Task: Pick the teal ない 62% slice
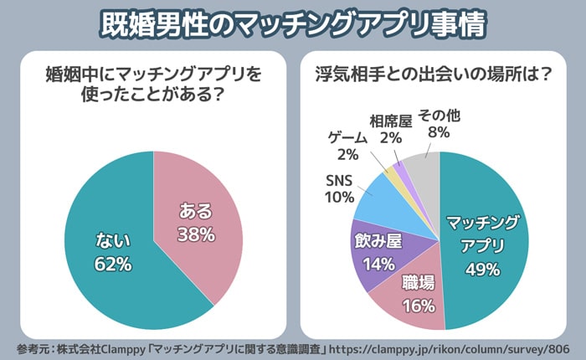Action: (x=109, y=251)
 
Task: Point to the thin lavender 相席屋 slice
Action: (x=400, y=167)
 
